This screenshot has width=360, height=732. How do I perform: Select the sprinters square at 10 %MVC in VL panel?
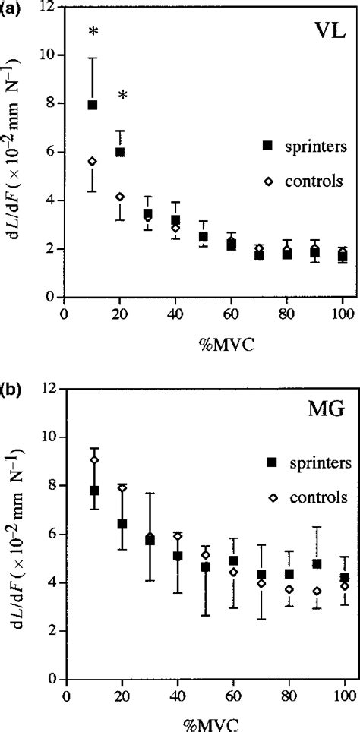[93, 105]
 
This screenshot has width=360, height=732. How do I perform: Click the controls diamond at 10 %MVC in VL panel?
[93, 161]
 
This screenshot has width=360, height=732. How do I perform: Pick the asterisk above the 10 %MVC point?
[93, 32]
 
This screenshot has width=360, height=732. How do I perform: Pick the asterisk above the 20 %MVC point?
[122, 96]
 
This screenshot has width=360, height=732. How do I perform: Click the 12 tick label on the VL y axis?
[47, 7]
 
